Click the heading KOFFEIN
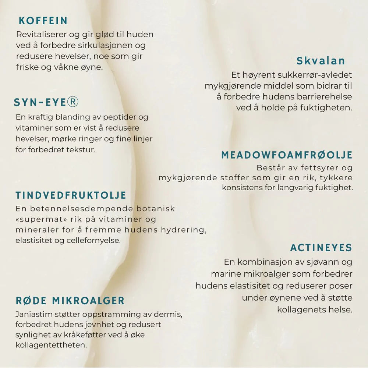point(43,21)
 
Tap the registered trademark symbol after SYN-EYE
point(73,102)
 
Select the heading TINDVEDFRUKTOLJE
point(71,195)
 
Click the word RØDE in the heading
point(31,301)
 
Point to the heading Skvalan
point(321,61)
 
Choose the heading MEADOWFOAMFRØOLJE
point(287,155)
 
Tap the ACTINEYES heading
point(321,248)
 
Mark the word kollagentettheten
point(51,346)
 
